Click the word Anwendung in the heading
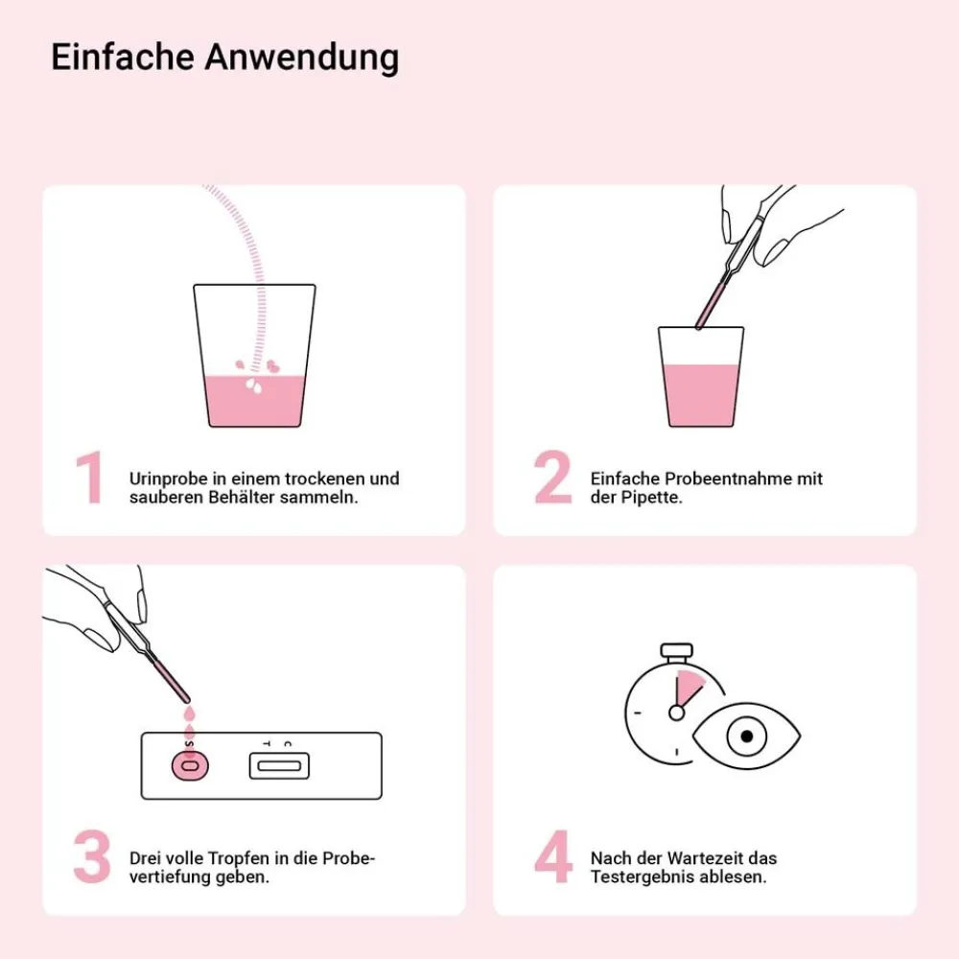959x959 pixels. click(301, 58)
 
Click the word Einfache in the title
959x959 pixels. click(123, 57)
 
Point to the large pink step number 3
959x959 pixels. click(92, 856)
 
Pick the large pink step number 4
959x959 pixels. click(553, 856)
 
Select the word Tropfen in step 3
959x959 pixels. click(241, 858)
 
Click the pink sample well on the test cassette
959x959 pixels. click(190, 765)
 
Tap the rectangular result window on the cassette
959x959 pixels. click(279, 765)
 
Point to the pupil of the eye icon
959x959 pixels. click(747, 736)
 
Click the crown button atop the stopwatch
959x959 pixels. click(676, 650)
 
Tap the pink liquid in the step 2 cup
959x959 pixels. click(701, 395)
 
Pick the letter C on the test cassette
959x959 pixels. click(288, 744)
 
